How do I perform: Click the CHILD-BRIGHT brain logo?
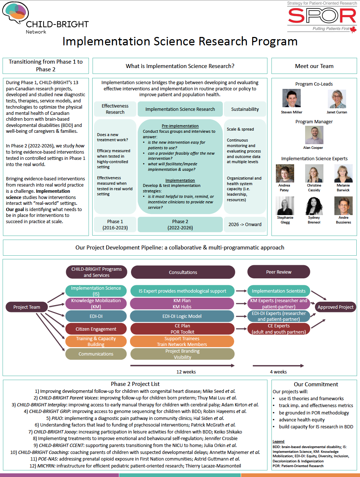point(16,13)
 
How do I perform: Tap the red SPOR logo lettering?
point(322,16)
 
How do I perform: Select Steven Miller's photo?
point(292,98)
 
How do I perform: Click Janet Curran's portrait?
point(337,99)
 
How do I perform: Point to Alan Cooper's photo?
point(314,135)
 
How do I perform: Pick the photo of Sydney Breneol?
point(314,206)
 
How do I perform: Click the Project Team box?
point(27,307)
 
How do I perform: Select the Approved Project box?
point(335,307)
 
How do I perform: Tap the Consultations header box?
point(183,272)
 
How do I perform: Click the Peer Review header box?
point(278,272)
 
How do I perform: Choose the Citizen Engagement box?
point(96,329)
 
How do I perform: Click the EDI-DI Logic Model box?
point(182,316)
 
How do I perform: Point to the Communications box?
point(96,354)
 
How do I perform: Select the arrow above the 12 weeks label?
point(182,365)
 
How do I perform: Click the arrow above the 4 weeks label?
point(278,365)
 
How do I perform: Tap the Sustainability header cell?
point(245,109)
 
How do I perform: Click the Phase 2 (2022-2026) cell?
point(180,224)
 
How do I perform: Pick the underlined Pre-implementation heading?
point(180,126)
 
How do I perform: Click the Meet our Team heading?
point(314,66)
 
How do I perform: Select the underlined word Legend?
point(278,442)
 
